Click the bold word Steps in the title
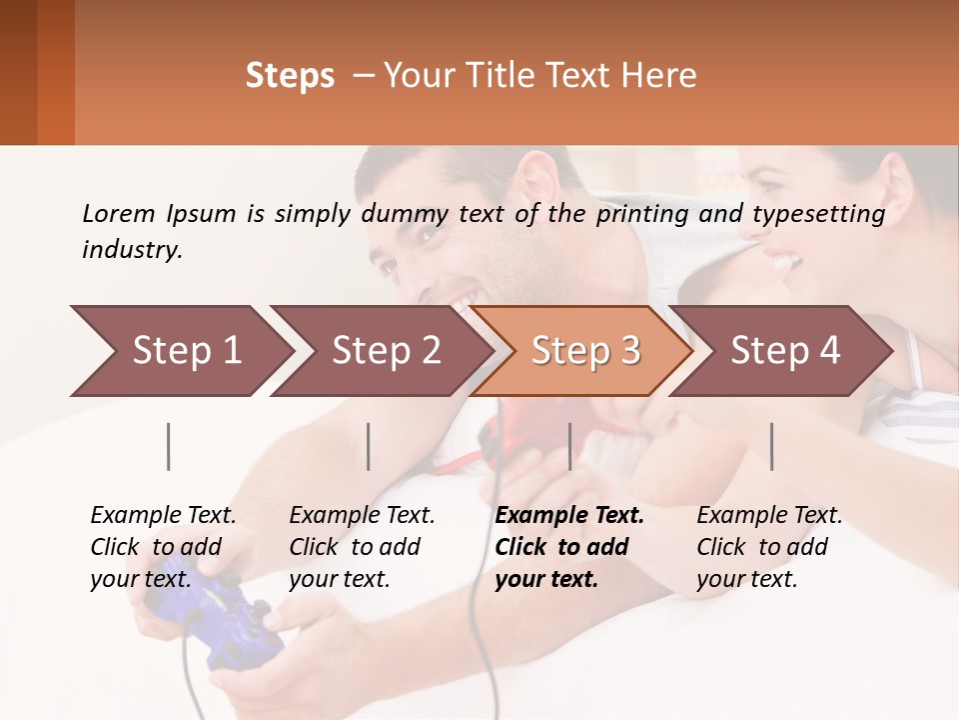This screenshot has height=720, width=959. coord(290,76)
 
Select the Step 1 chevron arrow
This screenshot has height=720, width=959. coord(180,351)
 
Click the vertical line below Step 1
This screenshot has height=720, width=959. coord(169,446)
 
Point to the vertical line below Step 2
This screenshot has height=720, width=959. coord(369,446)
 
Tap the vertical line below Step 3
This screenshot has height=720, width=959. coord(569,446)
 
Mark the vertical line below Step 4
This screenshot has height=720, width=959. coord(772,446)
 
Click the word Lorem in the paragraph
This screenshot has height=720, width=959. coord(118,213)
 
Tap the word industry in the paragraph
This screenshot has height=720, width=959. coord(132,250)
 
